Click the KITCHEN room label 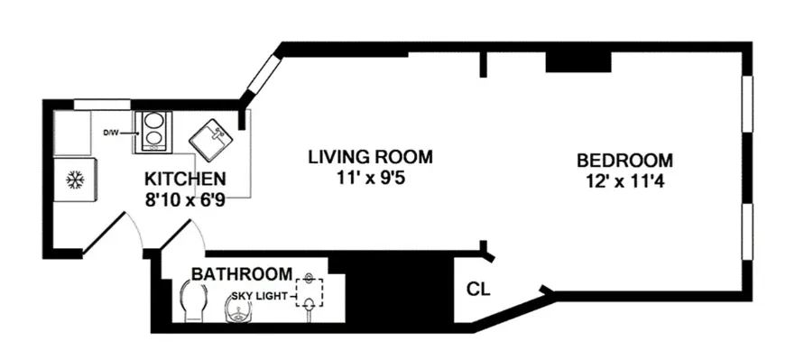[x=186, y=178]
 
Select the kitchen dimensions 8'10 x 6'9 [x=186, y=199]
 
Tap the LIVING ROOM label [x=357, y=155]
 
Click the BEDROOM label [x=624, y=161]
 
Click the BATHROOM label [x=241, y=273]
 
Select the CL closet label [x=478, y=290]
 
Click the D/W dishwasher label [x=111, y=133]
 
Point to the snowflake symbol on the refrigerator [x=72, y=180]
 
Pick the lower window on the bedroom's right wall [x=747, y=231]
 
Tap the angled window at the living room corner [x=263, y=74]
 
